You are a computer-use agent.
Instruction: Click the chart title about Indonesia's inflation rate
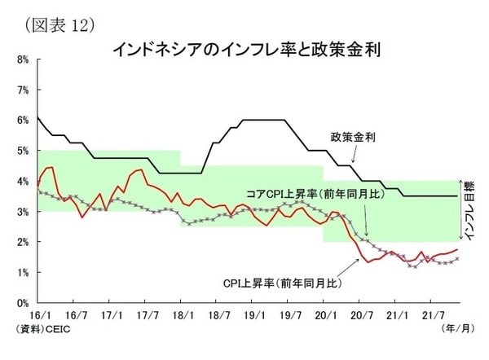(x=245, y=50)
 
